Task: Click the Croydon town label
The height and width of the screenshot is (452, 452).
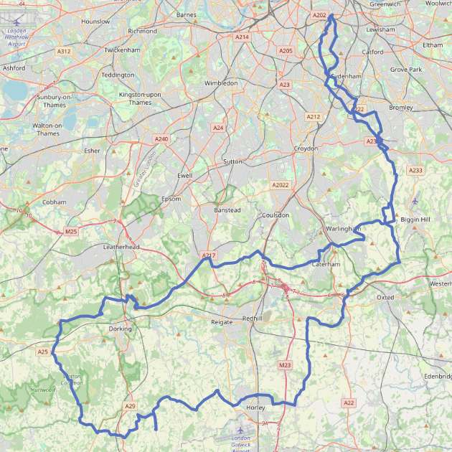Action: point(306,149)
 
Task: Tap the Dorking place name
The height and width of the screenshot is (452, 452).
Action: point(120,329)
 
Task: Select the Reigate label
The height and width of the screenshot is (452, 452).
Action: point(222,322)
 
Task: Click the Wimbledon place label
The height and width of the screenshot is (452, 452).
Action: point(221,83)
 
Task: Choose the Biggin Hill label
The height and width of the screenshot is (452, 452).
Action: point(415,219)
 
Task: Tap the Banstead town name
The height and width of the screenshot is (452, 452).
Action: point(227,209)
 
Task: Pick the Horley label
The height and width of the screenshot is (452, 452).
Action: point(255,408)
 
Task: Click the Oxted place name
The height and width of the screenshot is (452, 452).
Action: point(386,297)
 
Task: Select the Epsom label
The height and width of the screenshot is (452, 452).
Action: point(171,199)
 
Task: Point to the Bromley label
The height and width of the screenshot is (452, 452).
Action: point(400,108)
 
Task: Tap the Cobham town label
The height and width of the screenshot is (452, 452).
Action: point(55,202)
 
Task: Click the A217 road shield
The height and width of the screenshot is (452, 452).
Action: point(208,255)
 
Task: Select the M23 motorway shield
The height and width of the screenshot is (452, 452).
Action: point(285,365)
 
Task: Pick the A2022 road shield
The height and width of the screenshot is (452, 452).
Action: point(280,185)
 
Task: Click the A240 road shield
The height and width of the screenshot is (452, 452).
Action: point(161,139)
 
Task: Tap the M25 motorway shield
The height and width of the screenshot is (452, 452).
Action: point(70,231)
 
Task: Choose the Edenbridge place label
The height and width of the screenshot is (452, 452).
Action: point(436,376)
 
